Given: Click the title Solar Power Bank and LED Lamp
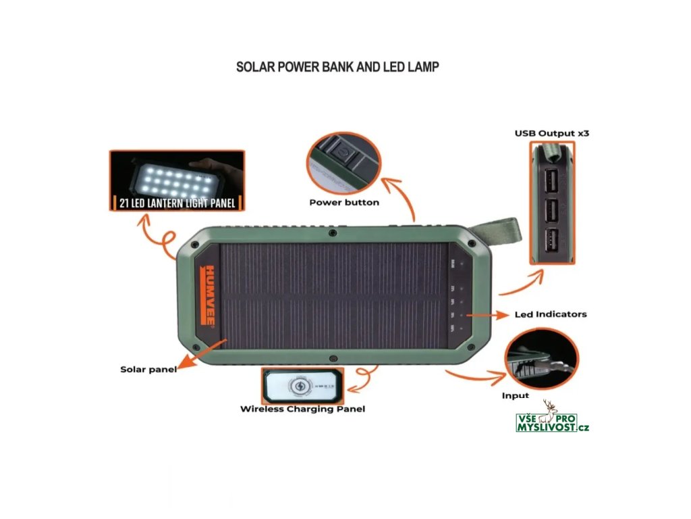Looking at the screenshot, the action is point(337,67).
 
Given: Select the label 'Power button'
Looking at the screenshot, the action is point(344,202).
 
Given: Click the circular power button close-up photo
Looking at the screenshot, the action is point(344,162).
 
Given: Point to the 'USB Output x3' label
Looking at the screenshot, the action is point(552,133).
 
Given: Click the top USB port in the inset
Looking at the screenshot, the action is point(551,180).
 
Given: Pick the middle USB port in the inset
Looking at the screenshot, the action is point(551,210).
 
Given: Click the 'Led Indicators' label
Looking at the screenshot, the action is point(550,314).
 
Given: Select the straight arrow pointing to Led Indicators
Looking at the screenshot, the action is point(486,315).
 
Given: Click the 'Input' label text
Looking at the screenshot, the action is point(516,395).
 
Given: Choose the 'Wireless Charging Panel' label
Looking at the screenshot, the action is point(302,409).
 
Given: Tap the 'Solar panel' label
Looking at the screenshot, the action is point(148,369).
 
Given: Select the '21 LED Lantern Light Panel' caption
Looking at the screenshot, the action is point(177,203).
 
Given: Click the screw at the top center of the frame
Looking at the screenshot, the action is point(333,233).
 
